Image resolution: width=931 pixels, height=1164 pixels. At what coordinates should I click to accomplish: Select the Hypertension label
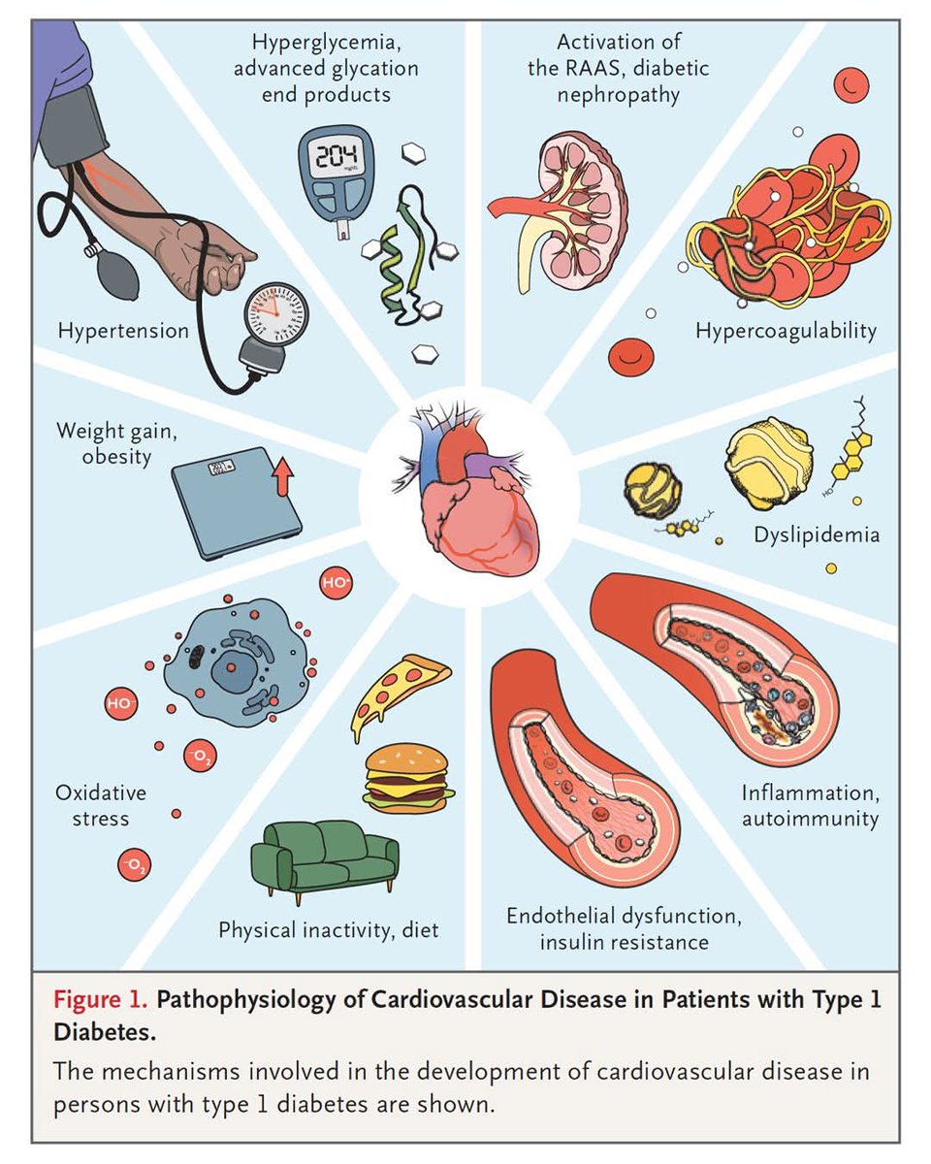[123, 331]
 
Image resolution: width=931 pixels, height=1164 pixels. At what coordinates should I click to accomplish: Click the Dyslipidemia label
[817, 534]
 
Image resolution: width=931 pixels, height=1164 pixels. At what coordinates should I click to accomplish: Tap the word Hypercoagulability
[786, 331]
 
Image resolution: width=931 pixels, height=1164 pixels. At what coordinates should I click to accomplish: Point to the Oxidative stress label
[100, 805]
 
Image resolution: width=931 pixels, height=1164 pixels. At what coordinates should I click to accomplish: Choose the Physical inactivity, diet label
[328, 930]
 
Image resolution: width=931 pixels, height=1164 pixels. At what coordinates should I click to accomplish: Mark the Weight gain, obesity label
[104, 442]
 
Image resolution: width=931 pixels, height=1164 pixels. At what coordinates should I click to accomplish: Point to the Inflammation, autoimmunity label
[810, 805]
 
